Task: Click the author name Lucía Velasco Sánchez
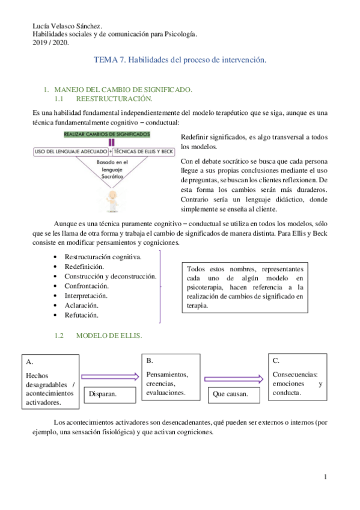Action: click(66, 26)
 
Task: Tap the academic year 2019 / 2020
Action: click(51, 43)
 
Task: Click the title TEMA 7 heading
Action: click(180, 61)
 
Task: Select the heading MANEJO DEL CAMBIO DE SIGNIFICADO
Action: click(123, 89)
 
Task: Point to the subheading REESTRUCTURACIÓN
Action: click(114, 98)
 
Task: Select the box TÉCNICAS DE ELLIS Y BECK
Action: click(144, 152)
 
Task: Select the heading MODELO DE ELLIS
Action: click(109, 336)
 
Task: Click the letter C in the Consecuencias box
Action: click(276, 360)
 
